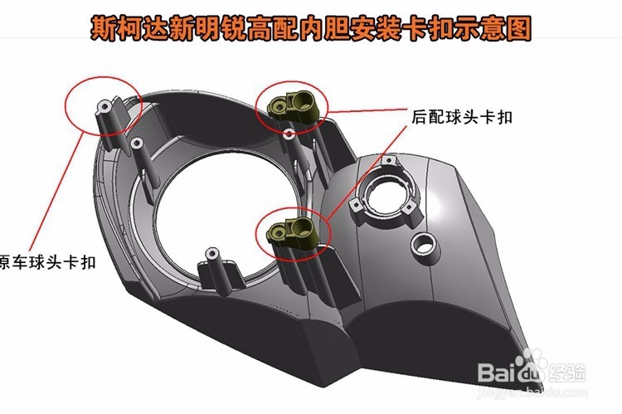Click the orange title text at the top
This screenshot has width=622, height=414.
pos(311,27)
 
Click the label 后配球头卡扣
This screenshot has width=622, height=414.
pos(462,117)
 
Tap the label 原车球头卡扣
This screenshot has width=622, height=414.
pos(47,262)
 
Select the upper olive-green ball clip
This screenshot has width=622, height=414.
pos(293,105)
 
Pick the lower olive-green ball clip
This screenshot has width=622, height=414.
pos(293,231)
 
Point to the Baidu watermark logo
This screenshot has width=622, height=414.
pos(532,369)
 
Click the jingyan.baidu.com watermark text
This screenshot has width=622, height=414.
pos(532,393)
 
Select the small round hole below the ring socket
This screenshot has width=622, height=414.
pos(424,245)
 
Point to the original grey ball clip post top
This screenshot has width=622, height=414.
pos(104,106)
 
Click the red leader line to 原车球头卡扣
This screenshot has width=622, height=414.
pos(56,193)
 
